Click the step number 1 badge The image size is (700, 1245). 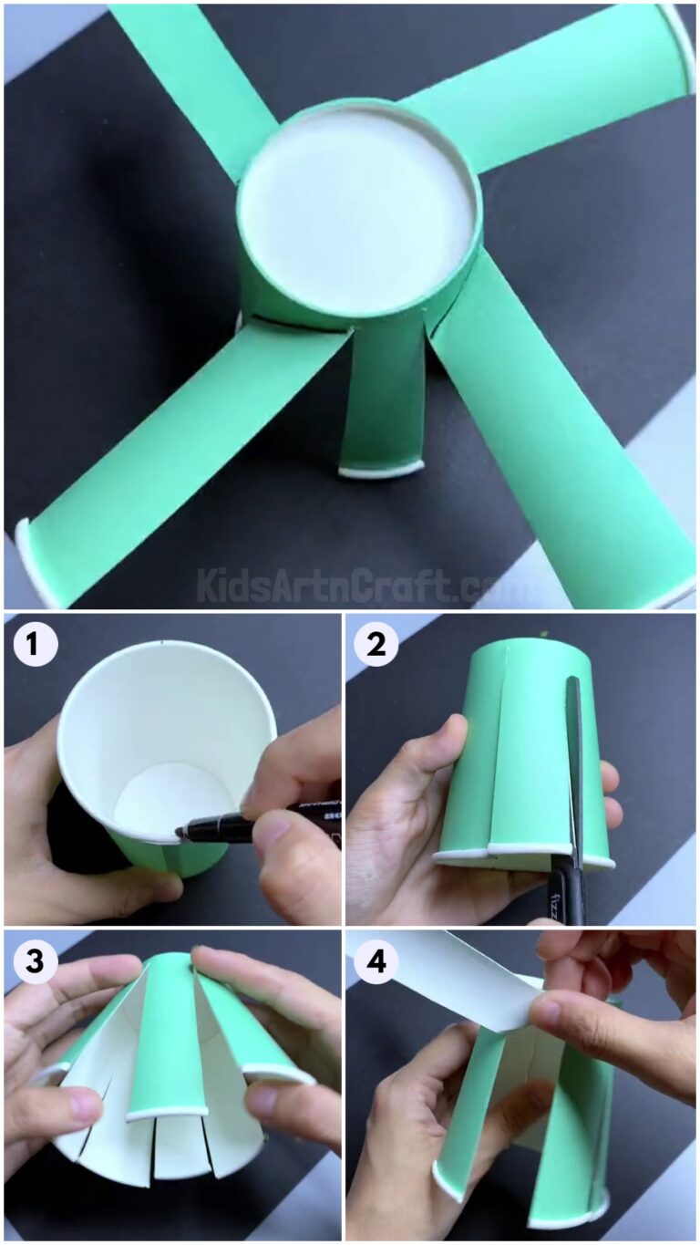(34, 646)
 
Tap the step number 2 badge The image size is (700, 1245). (376, 646)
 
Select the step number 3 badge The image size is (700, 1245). (34, 961)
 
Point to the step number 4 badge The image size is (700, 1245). (376, 961)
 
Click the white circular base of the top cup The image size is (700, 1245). (358, 217)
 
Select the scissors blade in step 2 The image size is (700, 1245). (574, 748)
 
